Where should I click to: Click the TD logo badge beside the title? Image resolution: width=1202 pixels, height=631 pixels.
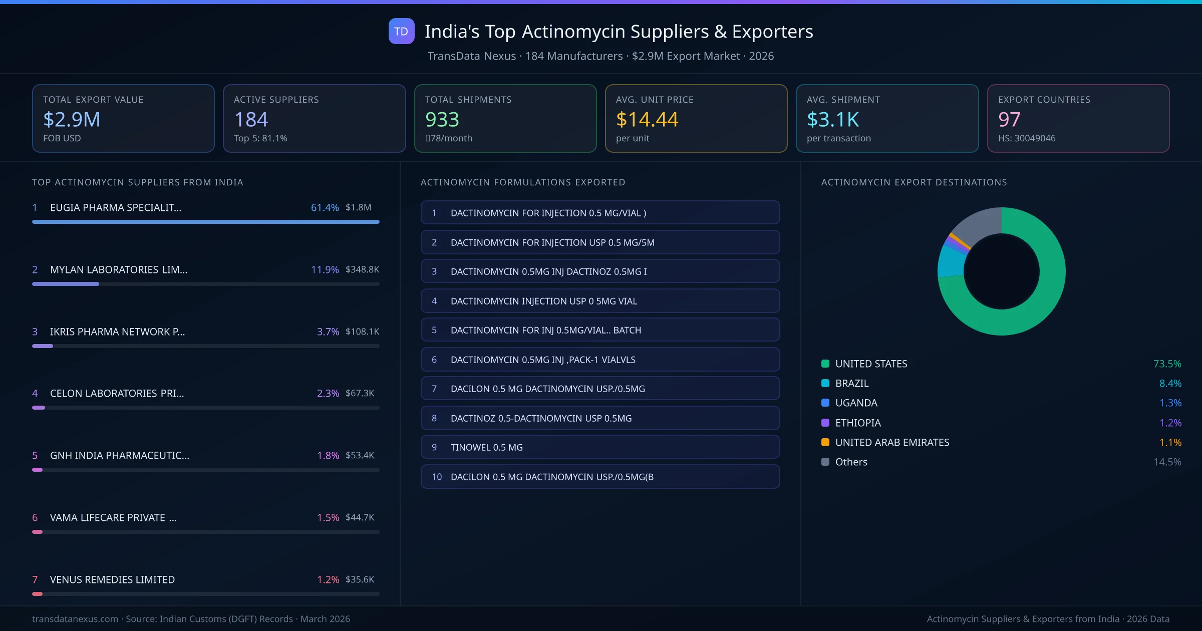click(x=401, y=31)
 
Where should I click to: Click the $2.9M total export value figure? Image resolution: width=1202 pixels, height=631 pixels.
click(x=72, y=119)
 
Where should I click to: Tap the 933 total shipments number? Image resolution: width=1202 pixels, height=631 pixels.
click(x=442, y=119)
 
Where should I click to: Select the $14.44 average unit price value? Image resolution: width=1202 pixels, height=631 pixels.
click(x=647, y=119)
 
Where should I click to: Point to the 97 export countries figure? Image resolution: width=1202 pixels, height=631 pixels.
click(x=1009, y=119)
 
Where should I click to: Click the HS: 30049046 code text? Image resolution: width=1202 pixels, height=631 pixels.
click(x=1026, y=138)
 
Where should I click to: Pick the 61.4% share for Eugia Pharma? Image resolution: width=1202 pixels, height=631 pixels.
click(x=325, y=207)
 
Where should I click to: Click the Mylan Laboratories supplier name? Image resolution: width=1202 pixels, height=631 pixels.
click(x=119, y=269)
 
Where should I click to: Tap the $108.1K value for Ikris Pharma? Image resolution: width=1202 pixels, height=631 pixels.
click(x=362, y=332)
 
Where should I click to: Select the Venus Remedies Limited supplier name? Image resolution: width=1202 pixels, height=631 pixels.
click(x=112, y=579)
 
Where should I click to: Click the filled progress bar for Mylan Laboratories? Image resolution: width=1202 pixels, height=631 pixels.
click(x=66, y=284)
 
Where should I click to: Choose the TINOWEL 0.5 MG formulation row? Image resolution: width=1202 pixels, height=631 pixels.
click(x=600, y=447)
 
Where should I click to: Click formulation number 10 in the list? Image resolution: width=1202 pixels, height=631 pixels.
click(x=437, y=477)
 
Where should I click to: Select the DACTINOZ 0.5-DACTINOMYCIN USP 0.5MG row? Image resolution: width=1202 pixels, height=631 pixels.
click(x=600, y=418)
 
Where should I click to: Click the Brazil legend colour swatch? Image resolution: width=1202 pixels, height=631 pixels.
click(x=825, y=383)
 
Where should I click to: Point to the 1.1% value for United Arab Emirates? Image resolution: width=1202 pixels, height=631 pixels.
click(x=1170, y=442)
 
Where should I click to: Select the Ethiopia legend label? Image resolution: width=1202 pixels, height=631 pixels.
click(x=858, y=423)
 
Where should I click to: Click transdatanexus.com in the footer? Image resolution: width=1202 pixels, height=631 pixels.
click(x=75, y=619)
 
